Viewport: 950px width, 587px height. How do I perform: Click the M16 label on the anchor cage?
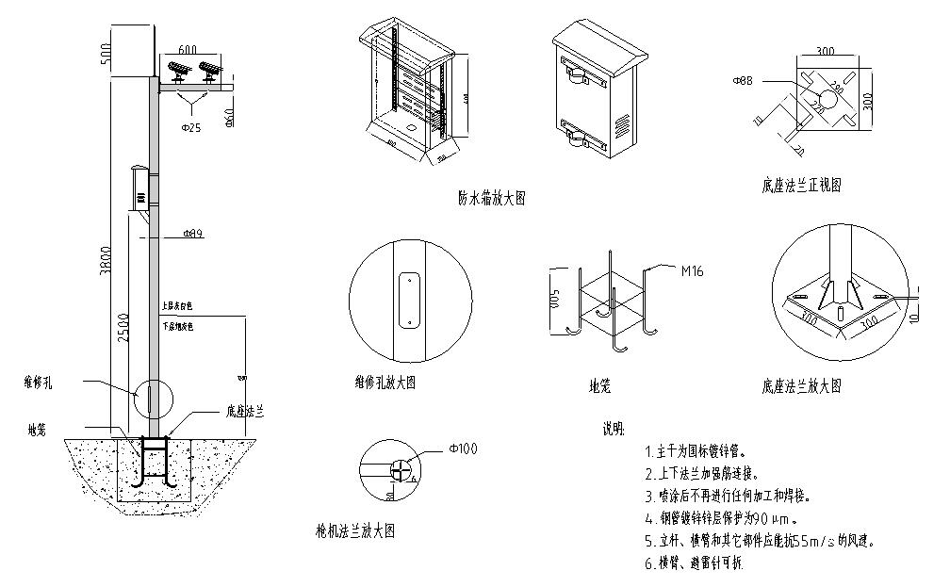pos(692,271)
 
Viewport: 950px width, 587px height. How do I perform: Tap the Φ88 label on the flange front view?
pos(741,82)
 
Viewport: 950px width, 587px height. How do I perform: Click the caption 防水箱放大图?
pos(491,199)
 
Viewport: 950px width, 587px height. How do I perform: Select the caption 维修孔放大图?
pos(378,383)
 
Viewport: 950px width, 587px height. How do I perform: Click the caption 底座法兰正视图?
pos(801,186)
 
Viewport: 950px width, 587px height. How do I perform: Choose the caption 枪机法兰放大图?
pos(355,531)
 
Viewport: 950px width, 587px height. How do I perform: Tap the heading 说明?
pos(613,430)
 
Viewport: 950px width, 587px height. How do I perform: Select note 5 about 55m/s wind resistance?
pos(760,541)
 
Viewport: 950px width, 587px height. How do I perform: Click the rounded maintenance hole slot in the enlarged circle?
pos(410,301)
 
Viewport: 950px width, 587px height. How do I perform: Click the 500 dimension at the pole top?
pos(106,49)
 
